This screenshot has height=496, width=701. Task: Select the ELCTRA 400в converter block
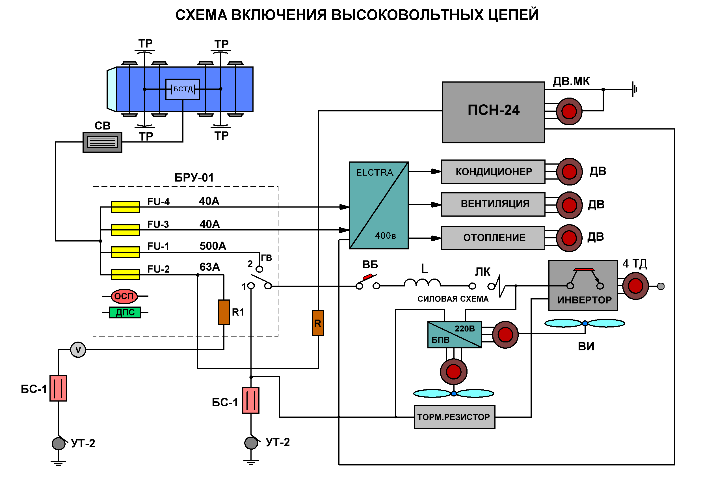click(378, 205)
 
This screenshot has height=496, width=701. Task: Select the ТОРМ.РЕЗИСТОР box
click(454, 417)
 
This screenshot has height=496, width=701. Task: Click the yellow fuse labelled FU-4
click(125, 207)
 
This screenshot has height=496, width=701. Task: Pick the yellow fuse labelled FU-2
click(125, 274)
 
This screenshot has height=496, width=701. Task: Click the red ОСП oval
click(124, 296)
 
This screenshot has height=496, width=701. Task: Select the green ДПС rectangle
click(125, 312)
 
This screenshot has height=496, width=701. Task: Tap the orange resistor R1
click(224, 312)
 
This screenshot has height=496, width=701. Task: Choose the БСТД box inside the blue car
click(183, 89)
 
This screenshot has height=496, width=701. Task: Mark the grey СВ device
click(102, 142)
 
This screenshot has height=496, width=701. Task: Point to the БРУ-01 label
click(194, 178)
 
